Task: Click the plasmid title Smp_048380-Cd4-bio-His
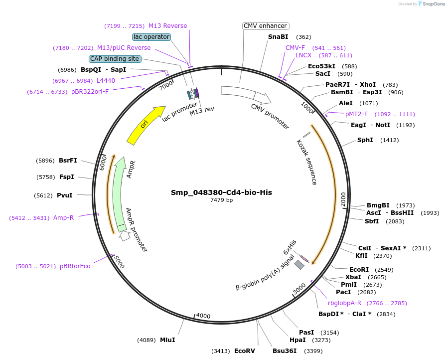pos(221,192)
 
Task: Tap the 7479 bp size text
pos(221,200)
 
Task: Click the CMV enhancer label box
pos(266,26)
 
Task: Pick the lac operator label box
pos(151,37)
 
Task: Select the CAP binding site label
pos(115,59)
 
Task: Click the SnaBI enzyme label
pos(278,37)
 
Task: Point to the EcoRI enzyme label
pos(359,269)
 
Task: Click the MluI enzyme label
pos(167,340)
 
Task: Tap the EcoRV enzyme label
pos(244,351)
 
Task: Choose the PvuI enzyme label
pos(65,195)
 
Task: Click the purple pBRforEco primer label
pos(75,266)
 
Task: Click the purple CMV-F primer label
pos(295,48)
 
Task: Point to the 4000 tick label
pos(203,316)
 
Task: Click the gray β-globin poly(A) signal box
pos(299,265)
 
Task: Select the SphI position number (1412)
pos(389,140)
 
